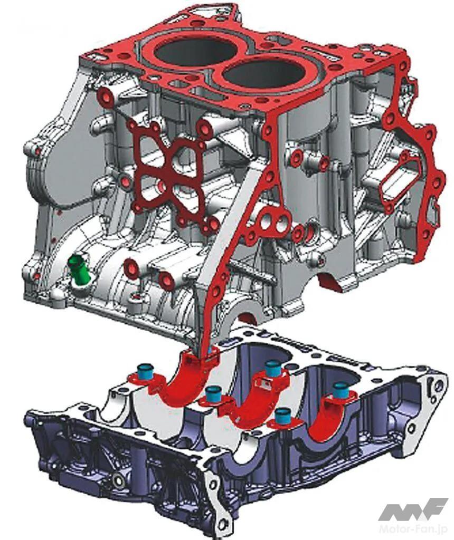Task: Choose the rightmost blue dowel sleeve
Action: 340,390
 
